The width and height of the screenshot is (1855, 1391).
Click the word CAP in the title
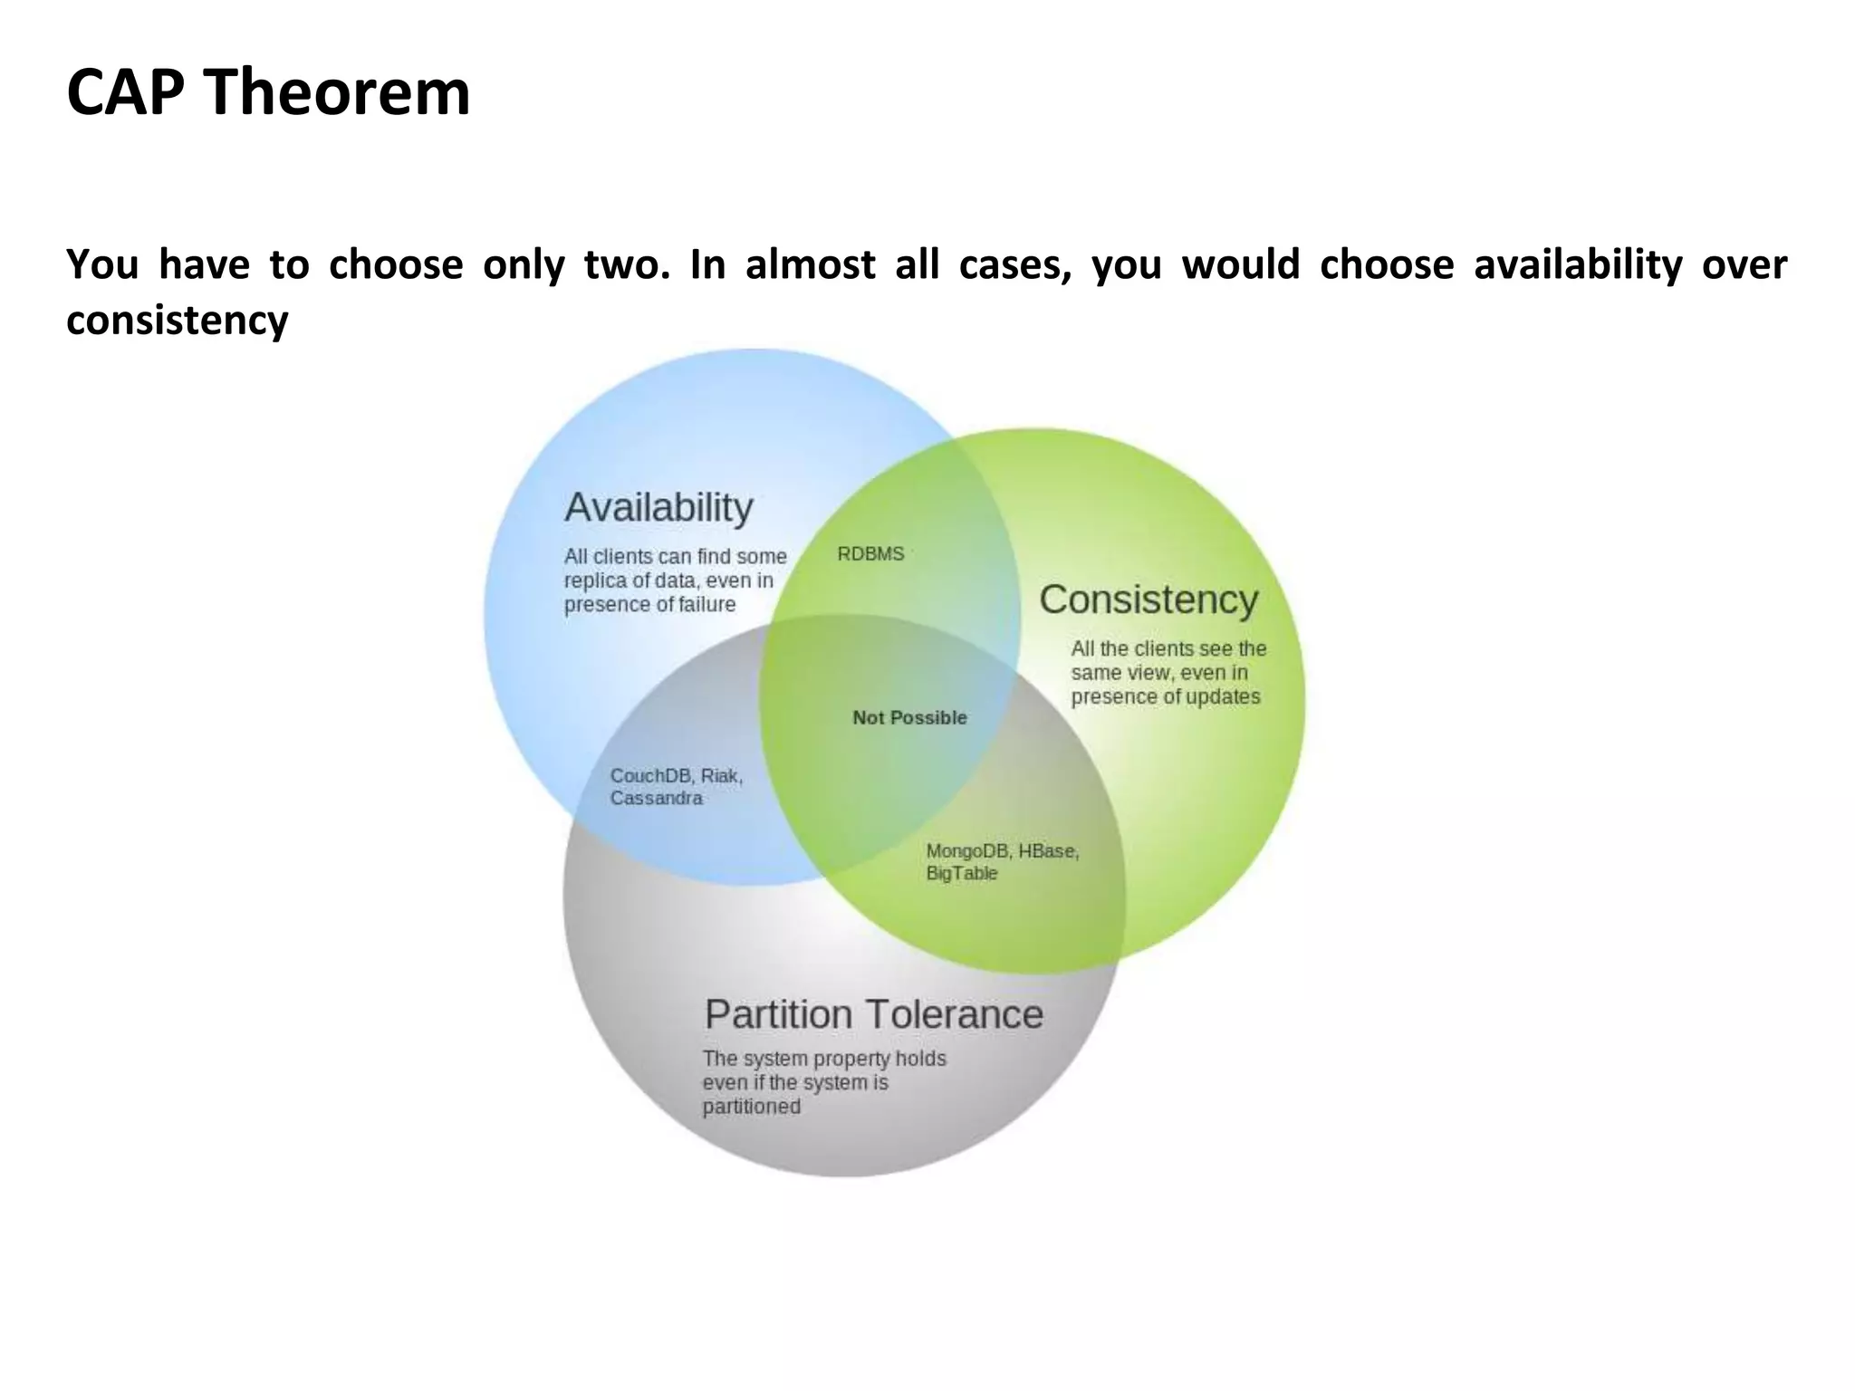(x=125, y=92)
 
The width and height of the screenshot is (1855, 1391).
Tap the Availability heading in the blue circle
(x=658, y=507)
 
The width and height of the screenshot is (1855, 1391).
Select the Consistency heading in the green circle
(x=1149, y=600)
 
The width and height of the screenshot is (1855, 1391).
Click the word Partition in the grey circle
(x=778, y=1014)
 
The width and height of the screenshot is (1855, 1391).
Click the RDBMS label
(x=870, y=554)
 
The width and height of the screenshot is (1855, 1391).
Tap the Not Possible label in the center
(x=909, y=718)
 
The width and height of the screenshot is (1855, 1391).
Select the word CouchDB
(x=650, y=776)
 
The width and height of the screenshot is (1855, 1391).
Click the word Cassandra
(x=656, y=799)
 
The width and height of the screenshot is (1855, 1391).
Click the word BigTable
(x=961, y=874)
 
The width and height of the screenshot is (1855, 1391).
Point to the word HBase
(x=1048, y=851)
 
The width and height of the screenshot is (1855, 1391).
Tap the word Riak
(x=721, y=776)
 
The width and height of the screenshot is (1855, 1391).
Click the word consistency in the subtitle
(x=178, y=321)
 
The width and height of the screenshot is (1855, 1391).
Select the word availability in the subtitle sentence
(x=1577, y=265)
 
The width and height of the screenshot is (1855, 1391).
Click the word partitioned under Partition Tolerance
(x=751, y=1107)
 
